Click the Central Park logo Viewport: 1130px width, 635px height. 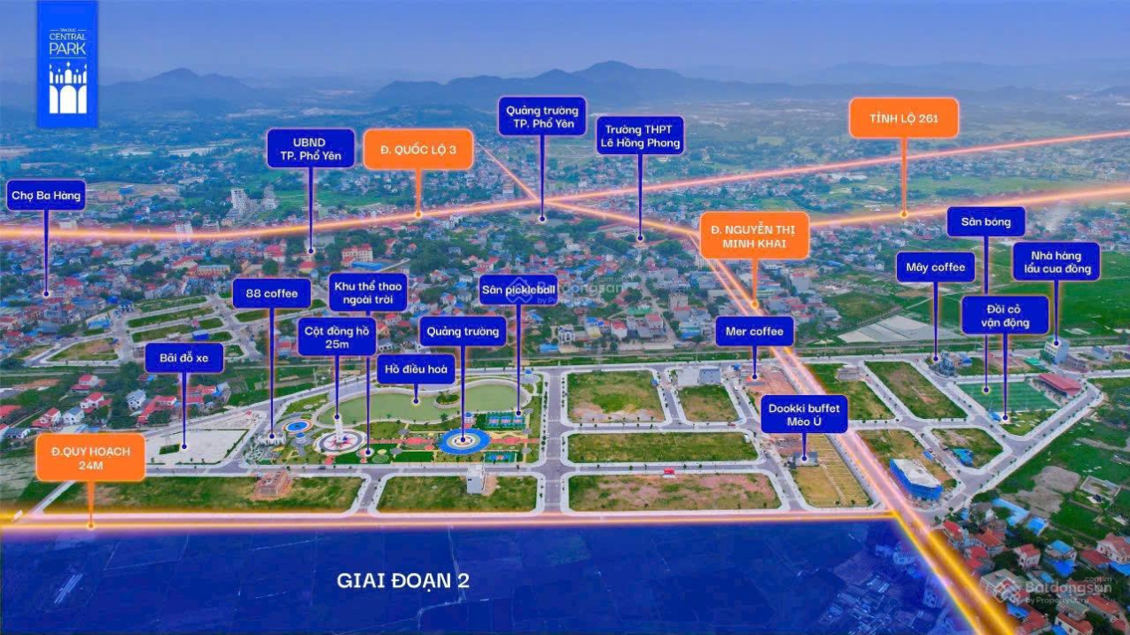[67, 64]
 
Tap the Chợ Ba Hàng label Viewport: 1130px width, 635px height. [46, 195]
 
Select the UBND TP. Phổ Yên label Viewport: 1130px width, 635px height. [311, 148]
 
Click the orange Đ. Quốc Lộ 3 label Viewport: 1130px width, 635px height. [418, 150]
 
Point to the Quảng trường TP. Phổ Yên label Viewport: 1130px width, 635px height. [542, 117]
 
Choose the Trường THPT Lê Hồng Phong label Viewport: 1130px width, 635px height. [639, 136]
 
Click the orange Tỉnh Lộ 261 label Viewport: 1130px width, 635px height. [903, 118]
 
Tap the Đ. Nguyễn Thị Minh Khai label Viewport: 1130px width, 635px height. [754, 236]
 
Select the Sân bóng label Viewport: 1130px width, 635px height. [986, 221]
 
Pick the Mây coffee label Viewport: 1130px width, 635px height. [935, 267]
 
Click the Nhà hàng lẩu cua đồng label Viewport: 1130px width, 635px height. [1056, 262]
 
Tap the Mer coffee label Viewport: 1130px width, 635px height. [754, 332]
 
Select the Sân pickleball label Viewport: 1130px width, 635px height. [518, 290]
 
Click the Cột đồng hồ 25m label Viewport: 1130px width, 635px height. [337, 337]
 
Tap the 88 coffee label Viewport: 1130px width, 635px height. [271, 293]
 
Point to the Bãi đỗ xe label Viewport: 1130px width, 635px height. [184, 358]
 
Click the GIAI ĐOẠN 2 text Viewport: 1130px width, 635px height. [402, 581]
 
